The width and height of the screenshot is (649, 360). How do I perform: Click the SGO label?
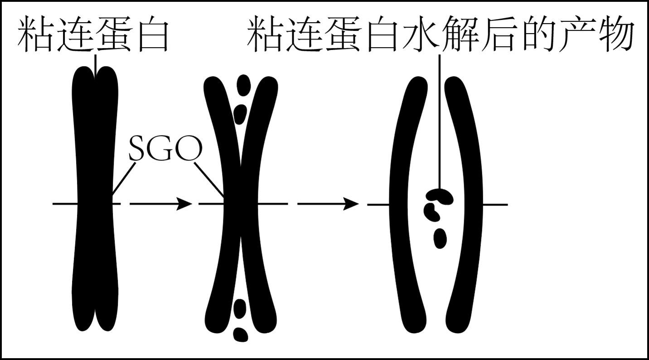click(165, 149)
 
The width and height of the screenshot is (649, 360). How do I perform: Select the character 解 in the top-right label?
click(460, 34)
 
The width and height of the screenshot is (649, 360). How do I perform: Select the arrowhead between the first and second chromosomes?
click(184, 204)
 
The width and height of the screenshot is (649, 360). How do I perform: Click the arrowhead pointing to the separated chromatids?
click(351, 204)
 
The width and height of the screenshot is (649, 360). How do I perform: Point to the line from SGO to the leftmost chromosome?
click(124, 179)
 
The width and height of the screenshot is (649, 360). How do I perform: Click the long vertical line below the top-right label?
click(440, 122)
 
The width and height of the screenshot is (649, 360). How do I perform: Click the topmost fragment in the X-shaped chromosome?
click(243, 85)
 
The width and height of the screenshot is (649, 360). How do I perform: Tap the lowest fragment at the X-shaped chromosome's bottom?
click(241, 335)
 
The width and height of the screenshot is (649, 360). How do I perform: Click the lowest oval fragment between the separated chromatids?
click(440, 238)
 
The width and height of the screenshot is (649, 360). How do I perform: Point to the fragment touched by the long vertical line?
click(440, 196)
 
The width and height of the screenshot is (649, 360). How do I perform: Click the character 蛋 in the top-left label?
click(114, 34)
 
